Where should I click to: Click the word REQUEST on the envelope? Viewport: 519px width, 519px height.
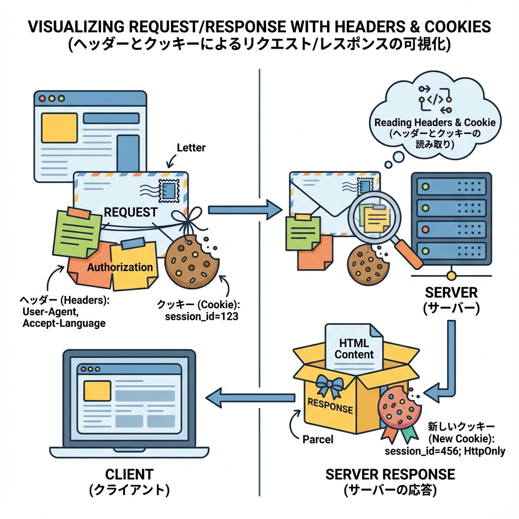point(131,212)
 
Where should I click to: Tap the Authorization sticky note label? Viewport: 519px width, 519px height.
point(120,267)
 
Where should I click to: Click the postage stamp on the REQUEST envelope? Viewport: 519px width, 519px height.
point(169,191)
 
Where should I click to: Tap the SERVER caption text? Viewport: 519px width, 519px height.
point(451,292)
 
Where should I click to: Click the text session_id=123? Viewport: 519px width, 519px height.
point(202,317)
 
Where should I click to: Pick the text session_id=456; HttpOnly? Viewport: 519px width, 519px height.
point(445,451)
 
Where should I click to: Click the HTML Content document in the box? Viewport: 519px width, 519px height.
point(354,348)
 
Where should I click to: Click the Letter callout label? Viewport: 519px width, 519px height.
point(191,148)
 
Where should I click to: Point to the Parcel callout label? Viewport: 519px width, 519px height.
point(318,439)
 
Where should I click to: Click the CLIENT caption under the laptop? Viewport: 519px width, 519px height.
point(129,474)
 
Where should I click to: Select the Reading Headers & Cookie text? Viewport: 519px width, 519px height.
point(435,123)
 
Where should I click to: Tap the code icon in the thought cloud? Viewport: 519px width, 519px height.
point(435,99)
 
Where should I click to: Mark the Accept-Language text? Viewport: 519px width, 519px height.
point(64,323)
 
